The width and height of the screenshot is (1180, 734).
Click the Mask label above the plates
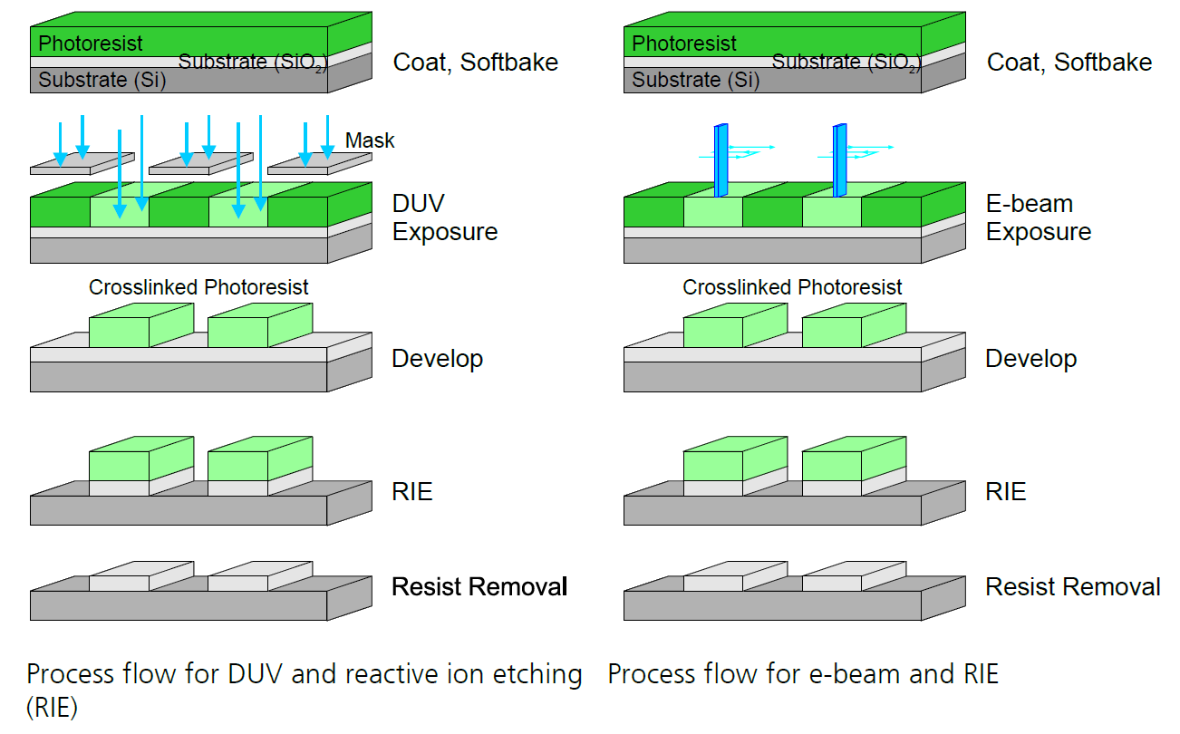click(x=370, y=140)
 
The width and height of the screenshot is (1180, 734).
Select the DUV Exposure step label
click(x=444, y=217)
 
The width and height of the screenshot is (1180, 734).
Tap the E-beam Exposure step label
click(x=1038, y=217)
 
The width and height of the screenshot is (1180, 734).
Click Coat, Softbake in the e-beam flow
click(x=1069, y=63)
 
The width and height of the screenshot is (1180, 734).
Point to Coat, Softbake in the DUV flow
click(x=475, y=63)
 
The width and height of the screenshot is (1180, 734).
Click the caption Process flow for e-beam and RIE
click(x=802, y=674)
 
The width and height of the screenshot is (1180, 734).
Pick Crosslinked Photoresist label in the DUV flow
click(x=198, y=287)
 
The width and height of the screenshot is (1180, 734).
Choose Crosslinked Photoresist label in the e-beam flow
click(x=792, y=287)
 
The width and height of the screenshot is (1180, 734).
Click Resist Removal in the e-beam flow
click(x=1072, y=587)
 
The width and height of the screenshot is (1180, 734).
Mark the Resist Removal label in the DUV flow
click(x=479, y=587)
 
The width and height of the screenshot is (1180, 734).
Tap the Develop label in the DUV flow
click(x=437, y=359)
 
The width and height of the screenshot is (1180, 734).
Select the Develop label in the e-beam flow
click(x=1030, y=359)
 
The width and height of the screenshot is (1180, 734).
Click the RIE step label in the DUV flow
click(x=411, y=492)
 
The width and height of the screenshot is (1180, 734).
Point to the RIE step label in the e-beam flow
click(x=1005, y=492)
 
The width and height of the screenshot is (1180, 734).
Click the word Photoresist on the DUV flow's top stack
click(x=91, y=43)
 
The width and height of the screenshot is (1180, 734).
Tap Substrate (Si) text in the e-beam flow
click(x=695, y=80)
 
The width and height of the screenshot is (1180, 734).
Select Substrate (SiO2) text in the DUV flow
click(x=249, y=63)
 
